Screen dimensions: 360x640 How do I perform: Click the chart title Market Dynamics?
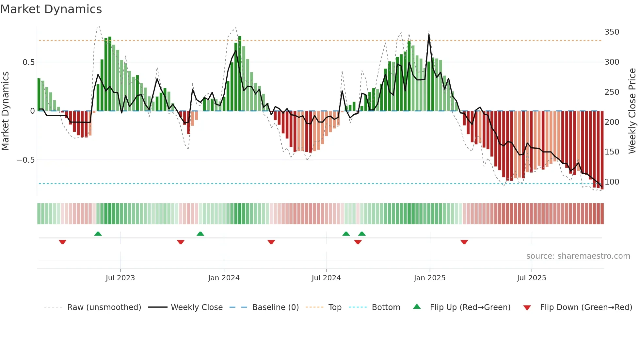51,9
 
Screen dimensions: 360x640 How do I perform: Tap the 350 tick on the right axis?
612,32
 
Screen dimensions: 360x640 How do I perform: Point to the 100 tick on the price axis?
612,182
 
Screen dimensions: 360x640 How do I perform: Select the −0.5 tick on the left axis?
25,160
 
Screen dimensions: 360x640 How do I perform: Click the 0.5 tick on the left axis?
28,62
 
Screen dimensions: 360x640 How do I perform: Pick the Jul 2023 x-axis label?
120,278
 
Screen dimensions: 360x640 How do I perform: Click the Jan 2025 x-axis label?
429,278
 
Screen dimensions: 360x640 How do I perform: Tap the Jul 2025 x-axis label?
531,278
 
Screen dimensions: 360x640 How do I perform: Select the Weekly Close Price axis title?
632,111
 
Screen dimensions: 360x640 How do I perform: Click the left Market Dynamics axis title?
6,111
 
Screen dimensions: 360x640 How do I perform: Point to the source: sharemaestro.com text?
578,256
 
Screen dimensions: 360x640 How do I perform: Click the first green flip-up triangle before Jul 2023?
98,234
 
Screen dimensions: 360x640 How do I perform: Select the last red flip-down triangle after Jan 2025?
464,242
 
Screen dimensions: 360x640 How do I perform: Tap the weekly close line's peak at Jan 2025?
429,36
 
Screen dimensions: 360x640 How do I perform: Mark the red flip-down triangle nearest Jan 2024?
181,242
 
